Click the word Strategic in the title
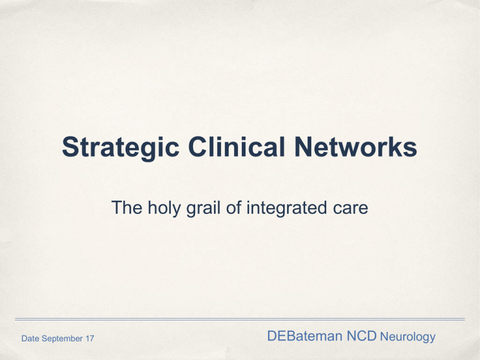tap(121, 148)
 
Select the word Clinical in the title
tap(237, 147)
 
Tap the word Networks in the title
tap(356, 147)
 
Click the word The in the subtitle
tap(127, 207)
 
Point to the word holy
tap(164, 209)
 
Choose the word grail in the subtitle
tap(204, 209)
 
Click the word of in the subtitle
tap(234, 207)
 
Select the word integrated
tap(287, 209)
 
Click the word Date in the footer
tap(30, 338)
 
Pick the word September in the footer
tap(62, 339)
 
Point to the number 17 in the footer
tap(90, 338)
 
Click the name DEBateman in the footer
tap(304, 336)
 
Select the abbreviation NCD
tap(361, 336)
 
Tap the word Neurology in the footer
tap(407, 337)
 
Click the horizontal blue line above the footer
tap(240, 319)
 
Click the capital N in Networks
tap(303, 147)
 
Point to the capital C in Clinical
tap(197, 147)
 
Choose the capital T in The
tap(117, 207)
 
